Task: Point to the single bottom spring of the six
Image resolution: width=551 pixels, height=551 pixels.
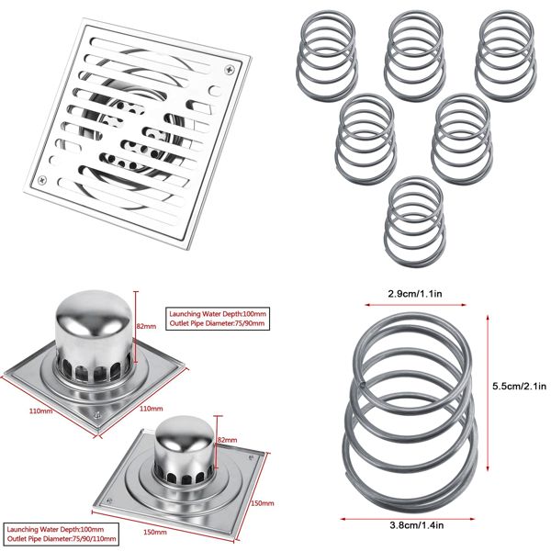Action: pyautogui.click(x=416, y=217)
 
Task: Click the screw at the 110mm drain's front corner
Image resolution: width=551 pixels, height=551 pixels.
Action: pyautogui.click(x=95, y=418)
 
